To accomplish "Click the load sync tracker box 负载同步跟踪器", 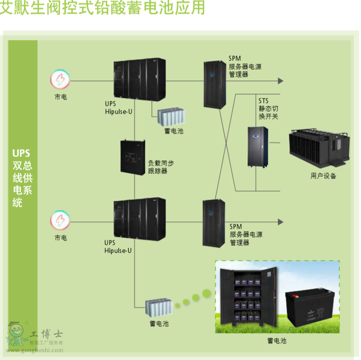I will [133, 157].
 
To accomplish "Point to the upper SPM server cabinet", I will [215, 84].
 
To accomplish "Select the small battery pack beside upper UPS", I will [172, 116].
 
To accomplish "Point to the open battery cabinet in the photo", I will [247, 297].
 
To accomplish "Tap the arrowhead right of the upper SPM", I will [280, 81].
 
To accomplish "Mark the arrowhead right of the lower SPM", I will [280, 222].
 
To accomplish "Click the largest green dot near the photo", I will [207, 293].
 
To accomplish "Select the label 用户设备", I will [323, 176].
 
